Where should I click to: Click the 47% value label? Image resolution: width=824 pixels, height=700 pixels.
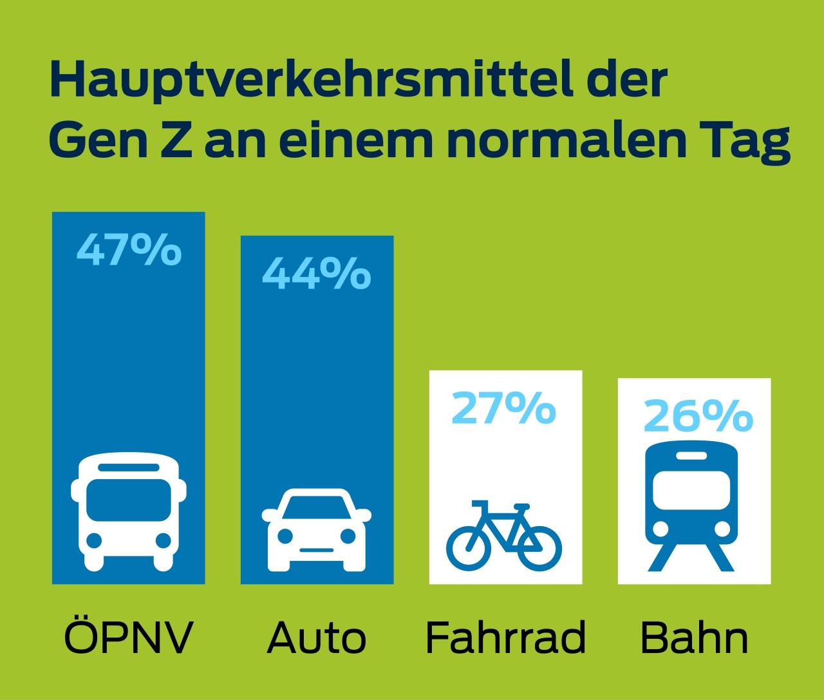click(x=129, y=250)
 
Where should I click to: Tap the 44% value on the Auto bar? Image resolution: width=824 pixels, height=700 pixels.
click(x=316, y=273)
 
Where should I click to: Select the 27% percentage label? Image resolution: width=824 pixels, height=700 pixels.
click(x=503, y=408)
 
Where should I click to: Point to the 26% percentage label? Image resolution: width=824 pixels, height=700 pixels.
click(x=698, y=416)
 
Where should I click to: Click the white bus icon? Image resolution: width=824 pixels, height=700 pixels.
click(x=129, y=511)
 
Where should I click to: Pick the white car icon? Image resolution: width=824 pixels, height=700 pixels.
click(x=317, y=530)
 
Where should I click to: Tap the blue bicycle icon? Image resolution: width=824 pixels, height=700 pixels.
click(x=504, y=536)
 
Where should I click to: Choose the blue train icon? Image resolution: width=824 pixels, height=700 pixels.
click(x=691, y=506)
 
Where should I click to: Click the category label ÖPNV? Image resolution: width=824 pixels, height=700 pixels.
click(x=129, y=638)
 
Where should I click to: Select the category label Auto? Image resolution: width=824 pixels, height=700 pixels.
click(x=317, y=638)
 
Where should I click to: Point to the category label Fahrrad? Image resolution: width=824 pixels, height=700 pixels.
click(x=505, y=638)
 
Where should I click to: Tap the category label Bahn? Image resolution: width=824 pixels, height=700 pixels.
click(x=694, y=638)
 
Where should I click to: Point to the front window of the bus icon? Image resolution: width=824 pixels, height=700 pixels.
click(x=129, y=500)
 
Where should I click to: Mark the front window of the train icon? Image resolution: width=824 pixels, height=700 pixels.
click(x=691, y=489)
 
